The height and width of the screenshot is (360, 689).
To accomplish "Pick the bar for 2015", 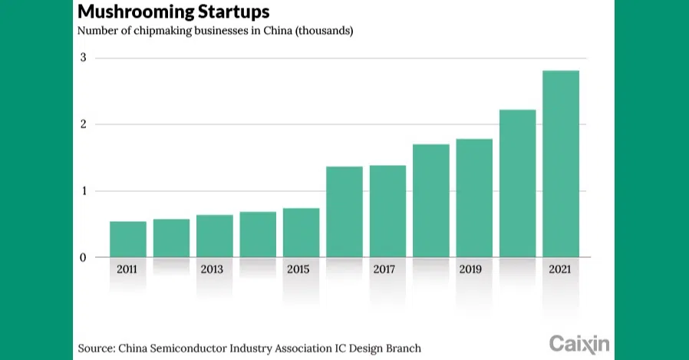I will (x=301, y=233).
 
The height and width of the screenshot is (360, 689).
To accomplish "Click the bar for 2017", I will (x=387, y=211).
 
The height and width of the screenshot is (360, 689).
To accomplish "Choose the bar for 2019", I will (x=474, y=198).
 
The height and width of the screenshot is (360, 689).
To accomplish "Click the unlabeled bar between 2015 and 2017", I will (x=344, y=212).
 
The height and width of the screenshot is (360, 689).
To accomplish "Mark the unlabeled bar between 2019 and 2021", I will (x=518, y=183).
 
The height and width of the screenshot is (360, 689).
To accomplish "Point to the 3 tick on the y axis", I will (x=84, y=58).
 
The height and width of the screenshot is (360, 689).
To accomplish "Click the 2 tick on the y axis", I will (x=84, y=124).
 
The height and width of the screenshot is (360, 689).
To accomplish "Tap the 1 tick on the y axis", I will (x=84, y=191).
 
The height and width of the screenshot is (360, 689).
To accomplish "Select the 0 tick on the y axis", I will (x=84, y=257).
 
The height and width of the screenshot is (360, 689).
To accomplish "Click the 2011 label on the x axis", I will (x=128, y=270).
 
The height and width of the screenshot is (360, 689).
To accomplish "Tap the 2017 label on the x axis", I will (x=384, y=270).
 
